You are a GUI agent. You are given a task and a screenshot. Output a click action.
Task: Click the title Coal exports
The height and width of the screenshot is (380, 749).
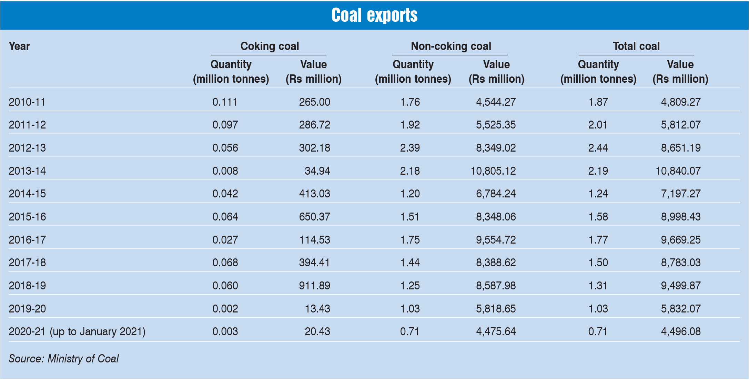pyautogui.click(x=374, y=15)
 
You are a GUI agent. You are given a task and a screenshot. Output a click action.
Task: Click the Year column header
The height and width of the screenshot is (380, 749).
pyautogui.click(x=19, y=46)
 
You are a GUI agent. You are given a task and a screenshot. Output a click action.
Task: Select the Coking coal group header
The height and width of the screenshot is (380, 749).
pyautogui.click(x=270, y=46)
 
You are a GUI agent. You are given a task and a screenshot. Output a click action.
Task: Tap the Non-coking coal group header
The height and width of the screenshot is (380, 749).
pyautogui.click(x=451, y=46)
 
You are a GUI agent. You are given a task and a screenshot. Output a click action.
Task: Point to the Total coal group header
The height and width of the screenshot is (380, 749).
pyautogui.click(x=636, y=46)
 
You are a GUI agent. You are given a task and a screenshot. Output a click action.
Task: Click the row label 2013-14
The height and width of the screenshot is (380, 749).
pyautogui.click(x=27, y=171)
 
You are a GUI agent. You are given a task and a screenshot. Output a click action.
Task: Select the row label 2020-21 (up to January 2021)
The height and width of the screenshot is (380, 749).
pyautogui.click(x=77, y=331)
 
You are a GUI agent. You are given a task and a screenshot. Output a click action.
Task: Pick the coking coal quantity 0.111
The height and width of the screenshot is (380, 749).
pyautogui.click(x=225, y=102)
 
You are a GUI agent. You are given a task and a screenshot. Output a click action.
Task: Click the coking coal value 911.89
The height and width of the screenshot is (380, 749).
pyautogui.click(x=314, y=286)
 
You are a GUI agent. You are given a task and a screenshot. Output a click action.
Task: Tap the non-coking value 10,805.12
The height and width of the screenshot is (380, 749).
pyautogui.click(x=493, y=171)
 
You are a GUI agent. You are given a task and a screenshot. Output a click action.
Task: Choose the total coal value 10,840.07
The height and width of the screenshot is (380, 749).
pyautogui.click(x=678, y=171)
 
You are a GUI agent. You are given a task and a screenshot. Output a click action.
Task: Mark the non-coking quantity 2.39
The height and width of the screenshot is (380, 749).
pyautogui.click(x=410, y=148)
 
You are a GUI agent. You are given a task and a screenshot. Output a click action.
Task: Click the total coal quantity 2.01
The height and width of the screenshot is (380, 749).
pyautogui.click(x=598, y=125)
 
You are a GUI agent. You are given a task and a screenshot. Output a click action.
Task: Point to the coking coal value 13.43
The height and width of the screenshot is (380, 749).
pyautogui.click(x=317, y=309)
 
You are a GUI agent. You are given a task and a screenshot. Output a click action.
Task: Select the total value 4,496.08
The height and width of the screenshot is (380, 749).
pyautogui.click(x=681, y=331)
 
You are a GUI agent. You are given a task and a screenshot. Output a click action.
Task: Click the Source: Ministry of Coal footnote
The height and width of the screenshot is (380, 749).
pyautogui.click(x=64, y=359)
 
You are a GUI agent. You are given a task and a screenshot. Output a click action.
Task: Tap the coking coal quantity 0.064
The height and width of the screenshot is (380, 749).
pyautogui.click(x=225, y=217)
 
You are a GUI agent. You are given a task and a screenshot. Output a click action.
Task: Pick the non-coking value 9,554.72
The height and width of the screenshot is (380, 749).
pyautogui.click(x=496, y=240)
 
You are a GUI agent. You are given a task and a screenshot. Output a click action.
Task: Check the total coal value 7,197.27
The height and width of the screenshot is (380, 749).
pyautogui.click(x=681, y=194)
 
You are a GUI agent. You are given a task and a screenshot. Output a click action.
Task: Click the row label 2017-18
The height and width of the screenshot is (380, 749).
pyautogui.click(x=27, y=263)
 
